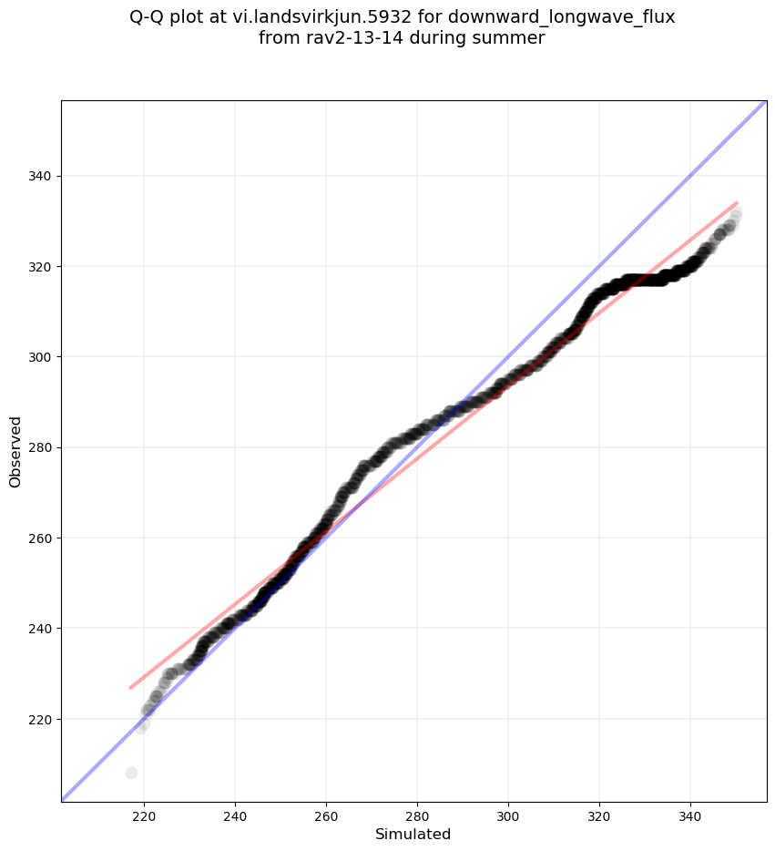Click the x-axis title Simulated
point(413,834)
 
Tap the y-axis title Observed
point(15,451)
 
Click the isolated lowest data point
point(131,773)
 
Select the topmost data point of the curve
point(736,213)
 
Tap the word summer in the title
point(515,38)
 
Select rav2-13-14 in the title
point(345,38)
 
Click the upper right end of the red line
point(737,202)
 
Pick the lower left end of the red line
point(130,688)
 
